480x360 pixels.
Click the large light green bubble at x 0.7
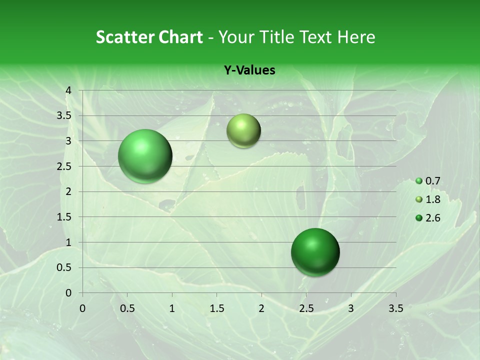coord(145,156)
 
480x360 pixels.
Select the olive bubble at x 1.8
coord(243,130)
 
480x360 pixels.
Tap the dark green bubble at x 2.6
coord(315,252)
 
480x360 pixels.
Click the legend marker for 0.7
coord(419,181)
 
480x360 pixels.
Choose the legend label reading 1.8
coord(432,199)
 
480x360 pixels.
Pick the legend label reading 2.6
coord(432,218)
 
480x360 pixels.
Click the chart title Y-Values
coord(249,70)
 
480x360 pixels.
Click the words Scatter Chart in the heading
coord(149,37)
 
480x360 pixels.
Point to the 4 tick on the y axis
coord(69,90)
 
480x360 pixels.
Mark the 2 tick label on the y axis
coord(69,191)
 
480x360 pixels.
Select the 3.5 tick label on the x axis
coord(395,308)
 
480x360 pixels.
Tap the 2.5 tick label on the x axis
coord(306,308)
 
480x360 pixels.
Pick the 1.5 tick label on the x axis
coord(216,308)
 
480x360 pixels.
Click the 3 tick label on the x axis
coord(351,308)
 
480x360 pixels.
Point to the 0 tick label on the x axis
coord(82,308)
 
